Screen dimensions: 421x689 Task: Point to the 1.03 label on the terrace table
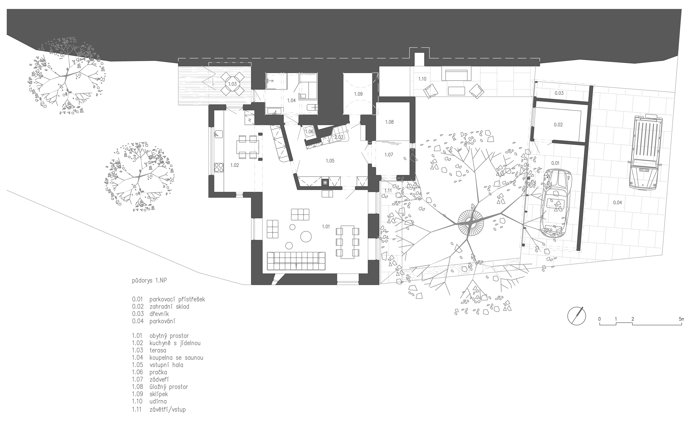[232, 84]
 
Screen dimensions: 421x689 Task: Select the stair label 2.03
[339, 137]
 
